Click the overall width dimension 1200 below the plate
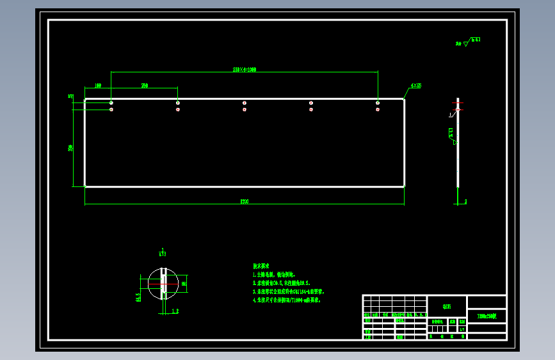245,202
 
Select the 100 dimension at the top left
98,85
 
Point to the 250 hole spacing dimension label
145,85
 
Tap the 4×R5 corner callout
416,85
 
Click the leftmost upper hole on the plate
111,102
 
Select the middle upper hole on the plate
245,102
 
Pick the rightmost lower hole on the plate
378,110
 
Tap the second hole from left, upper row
178,102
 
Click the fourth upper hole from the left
311,102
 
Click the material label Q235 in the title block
447,306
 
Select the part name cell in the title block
487,316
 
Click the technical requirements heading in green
261,265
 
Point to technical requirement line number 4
287,300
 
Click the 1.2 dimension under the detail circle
175,311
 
